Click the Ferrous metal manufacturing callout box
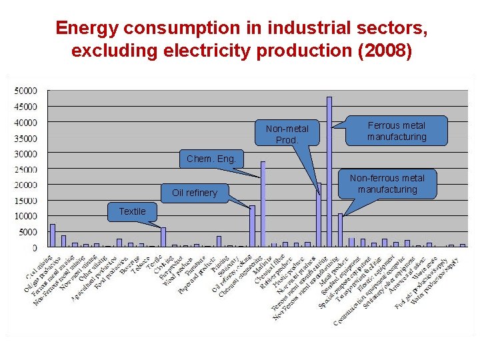tap(397, 131)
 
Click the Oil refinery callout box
tap(195, 193)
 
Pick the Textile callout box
tap(132, 211)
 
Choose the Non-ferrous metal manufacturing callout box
tap(387, 184)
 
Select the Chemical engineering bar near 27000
tap(263, 204)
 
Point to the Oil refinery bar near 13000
tap(252, 226)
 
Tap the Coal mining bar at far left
tap(53, 235)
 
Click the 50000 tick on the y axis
tap(27, 91)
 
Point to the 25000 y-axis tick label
tap(27, 169)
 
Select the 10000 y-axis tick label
tap(27, 217)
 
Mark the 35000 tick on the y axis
tap(27, 138)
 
